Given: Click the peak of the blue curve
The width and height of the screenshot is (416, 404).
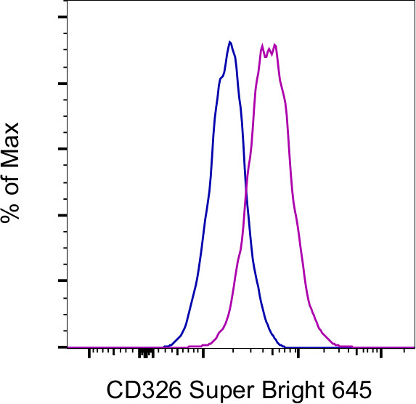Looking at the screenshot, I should [229, 41].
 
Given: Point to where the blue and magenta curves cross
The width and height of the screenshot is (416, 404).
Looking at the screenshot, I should [247, 187].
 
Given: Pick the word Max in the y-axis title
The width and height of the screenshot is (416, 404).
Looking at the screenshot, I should [20, 142].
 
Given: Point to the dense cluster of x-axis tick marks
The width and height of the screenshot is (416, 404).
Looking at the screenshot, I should [146, 353].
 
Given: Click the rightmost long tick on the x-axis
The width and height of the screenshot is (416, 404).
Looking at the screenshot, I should [380, 355].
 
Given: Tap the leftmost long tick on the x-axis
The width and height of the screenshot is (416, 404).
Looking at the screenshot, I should [89, 355].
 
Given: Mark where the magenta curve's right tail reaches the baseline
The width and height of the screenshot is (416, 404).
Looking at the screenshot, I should [338, 345].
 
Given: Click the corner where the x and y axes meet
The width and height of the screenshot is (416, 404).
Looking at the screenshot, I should [66, 347].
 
